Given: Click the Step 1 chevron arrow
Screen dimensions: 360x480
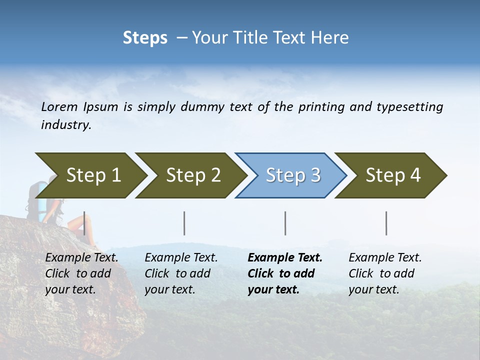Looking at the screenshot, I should [x=90, y=175].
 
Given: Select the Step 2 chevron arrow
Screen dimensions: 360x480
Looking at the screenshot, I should [x=190, y=175].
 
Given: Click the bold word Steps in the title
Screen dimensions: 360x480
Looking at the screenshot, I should [x=145, y=38].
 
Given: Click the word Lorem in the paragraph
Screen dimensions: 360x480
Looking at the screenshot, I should [x=59, y=106].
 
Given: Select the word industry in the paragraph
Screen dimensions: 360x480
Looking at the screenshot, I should [x=65, y=125].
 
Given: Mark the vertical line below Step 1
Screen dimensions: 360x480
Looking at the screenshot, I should [x=84, y=223].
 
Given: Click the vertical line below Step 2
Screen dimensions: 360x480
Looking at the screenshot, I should [x=184, y=223].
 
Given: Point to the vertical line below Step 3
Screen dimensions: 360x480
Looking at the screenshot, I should [x=285, y=223].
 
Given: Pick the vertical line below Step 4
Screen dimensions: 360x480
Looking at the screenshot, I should [x=386, y=223].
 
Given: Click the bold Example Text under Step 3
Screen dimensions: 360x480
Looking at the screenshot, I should [x=285, y=258].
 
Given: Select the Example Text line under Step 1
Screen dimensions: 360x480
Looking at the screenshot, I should [x=81, y=258].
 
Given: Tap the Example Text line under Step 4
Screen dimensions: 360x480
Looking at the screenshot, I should [x=385, y=258].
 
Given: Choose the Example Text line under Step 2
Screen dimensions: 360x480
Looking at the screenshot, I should [x=181, y=258].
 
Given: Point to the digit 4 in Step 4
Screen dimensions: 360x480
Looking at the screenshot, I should [x=414, y=175].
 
